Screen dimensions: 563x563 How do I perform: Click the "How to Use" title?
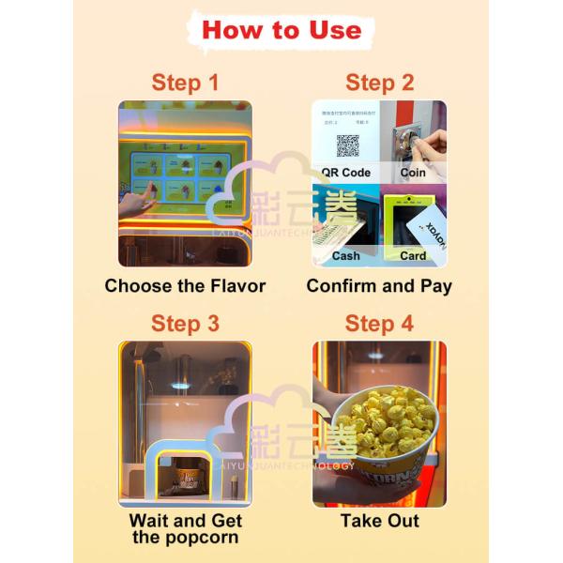[281, 29]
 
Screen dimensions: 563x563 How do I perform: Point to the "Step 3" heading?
[185, 324]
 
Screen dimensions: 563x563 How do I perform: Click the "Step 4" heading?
[379, 324]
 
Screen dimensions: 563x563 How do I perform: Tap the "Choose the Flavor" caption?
[185, 286]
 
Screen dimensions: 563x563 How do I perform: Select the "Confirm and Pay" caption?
[379, 286]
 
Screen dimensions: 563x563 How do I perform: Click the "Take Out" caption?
[379, 521]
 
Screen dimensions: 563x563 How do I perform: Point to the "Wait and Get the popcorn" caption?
[185, 528]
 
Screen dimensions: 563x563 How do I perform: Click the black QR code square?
[348, 146]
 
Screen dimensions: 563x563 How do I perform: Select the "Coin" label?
[413, 173]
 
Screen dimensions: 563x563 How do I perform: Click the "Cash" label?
[345, 255]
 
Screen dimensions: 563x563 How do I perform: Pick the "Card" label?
[413, 255]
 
